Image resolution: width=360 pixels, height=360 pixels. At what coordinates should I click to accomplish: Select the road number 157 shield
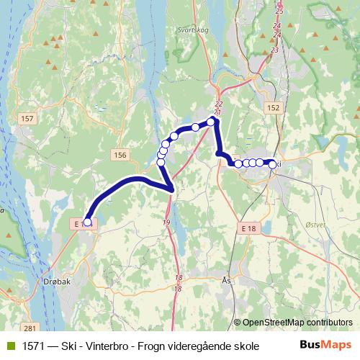point(28,118)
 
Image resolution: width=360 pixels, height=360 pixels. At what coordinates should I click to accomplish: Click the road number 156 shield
point(120,154)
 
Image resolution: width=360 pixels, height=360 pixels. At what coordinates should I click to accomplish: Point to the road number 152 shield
point(272,107)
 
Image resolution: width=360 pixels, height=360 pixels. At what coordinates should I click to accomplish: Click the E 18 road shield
point(248,228)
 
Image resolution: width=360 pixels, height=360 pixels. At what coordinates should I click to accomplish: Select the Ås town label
point(228,280)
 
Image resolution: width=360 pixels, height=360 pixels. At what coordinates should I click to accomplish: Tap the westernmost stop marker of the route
point(87,222)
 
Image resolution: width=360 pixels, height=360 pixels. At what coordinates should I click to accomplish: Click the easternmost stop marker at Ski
point(272,164)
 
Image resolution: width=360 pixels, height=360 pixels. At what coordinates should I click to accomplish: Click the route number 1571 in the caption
point(32,346)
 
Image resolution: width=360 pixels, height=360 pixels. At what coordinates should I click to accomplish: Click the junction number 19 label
point(166,222)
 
